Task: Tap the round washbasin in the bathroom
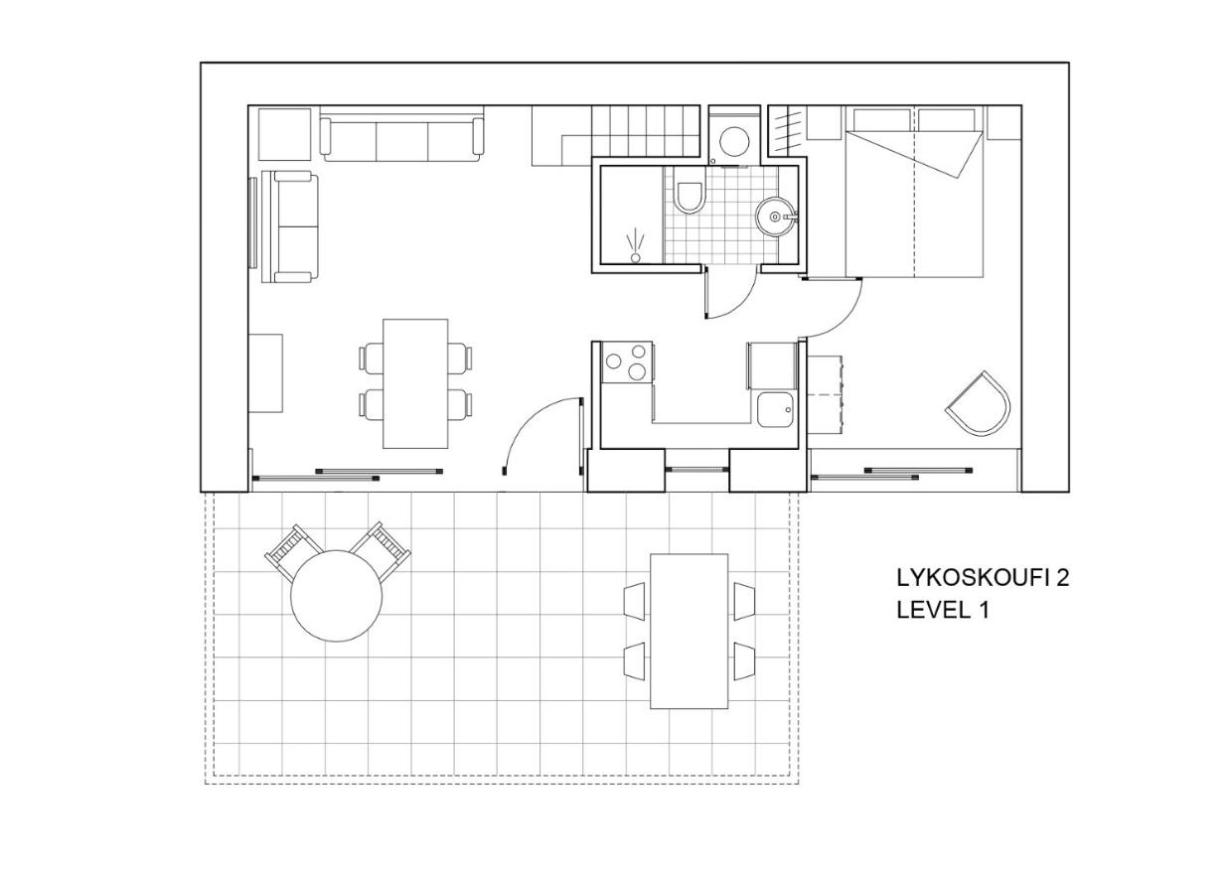[x=776, y=217]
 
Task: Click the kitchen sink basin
[x=776, y=410]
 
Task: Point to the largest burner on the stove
[x=637, y=371]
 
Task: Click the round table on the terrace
[x=336, y=596]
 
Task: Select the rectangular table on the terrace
[x=690, y=631]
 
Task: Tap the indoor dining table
[x=415, y=384]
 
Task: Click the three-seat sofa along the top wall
[x=401, y=139]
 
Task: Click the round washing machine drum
[x=734, y=141]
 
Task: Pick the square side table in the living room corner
[x=284, y=134]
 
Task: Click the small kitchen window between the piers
[x=697, y=470]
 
